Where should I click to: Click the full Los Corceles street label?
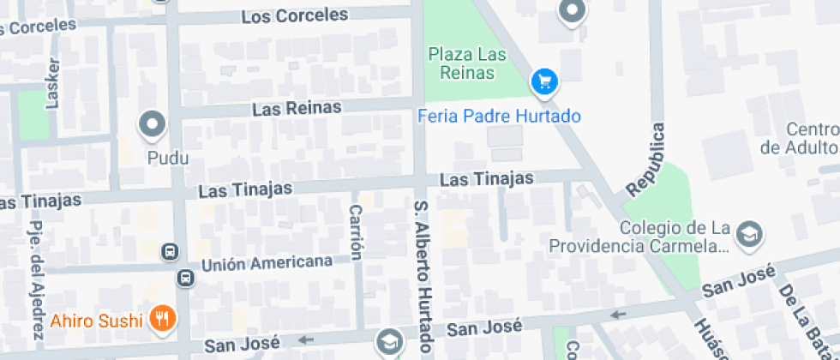(x=295, y=15)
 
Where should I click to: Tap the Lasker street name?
(x=53, y=84)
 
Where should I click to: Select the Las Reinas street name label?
(x=297, y=108)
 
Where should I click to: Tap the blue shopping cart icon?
(x=544, y=82)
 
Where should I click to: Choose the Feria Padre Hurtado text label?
(x=499, y=116)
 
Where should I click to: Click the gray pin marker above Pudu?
(x=154, y=125)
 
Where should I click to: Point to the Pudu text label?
(x=167, y=158)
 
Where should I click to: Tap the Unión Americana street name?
(x=267, y=262)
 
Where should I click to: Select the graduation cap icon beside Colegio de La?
(x=750, y=232)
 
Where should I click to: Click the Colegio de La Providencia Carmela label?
(x=639, y=237)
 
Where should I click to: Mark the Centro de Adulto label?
(x=799, y=138)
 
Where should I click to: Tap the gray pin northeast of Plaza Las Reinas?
(x=572, y=12)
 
